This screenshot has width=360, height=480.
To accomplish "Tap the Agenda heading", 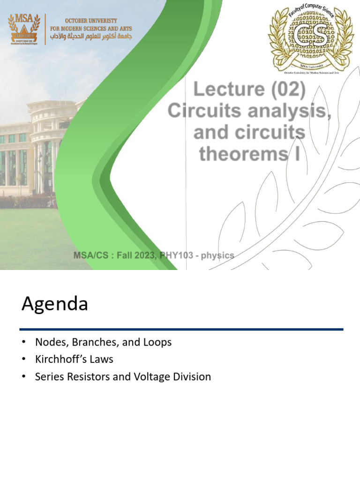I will (54, 304).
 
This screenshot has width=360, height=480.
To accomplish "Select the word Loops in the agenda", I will (157, 342).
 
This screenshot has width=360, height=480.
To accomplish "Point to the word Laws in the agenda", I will (103, 360).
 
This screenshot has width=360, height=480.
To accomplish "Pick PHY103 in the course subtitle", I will (176, 255).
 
